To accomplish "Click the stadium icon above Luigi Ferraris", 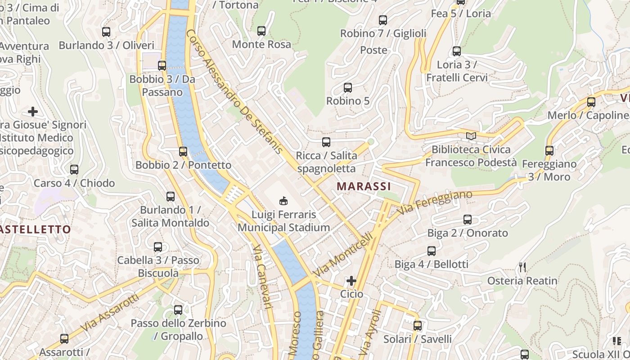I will [283, 200].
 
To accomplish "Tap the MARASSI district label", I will [364, 186].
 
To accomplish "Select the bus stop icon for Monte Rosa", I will [261, 31].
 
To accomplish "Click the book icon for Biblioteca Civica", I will [471, 136].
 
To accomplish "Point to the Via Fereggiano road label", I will [435, 202].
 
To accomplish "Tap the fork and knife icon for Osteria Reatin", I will [522, 267].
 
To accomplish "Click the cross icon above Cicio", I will [351, 281].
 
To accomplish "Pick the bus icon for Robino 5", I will [348, 88].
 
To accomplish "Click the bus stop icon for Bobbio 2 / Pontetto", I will [183, 152].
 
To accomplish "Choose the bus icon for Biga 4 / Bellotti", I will [432, 251].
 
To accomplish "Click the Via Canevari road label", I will [262, 277].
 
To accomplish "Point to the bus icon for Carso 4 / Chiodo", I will [74, 170].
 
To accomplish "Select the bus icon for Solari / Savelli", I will [418, 326].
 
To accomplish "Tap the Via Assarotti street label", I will [110, 314].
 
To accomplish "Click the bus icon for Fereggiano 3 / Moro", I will [549, 151].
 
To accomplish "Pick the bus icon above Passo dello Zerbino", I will [178, 310].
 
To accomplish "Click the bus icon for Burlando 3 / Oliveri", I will [106, 32].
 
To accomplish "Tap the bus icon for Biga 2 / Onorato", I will [468, 220].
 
